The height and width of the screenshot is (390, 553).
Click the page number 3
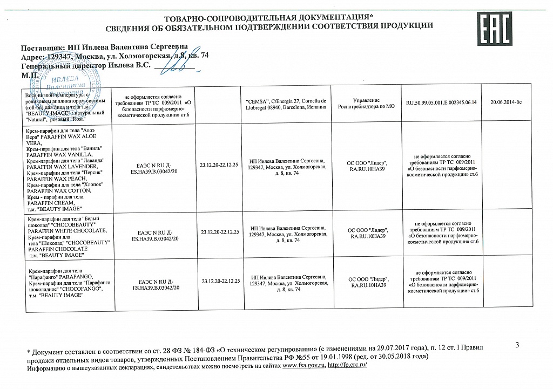point(517,345)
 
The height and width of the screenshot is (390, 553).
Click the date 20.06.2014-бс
point(505,102)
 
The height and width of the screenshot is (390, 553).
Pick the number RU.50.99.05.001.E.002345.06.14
point(444,102)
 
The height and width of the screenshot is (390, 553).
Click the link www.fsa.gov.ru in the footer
point(304,365)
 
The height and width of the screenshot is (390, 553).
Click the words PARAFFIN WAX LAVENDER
point(58,167)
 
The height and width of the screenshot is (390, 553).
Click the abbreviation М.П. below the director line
point(29,76)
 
